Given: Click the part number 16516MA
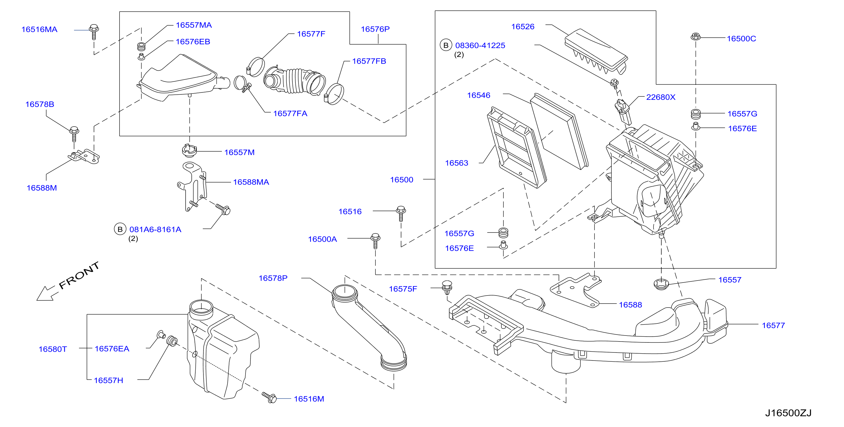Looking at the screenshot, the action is tap(39, 29).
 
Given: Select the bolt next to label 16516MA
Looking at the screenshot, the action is tap(94, 32).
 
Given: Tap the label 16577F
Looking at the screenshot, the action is tap(311, 34).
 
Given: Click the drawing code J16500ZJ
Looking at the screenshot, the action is tap(788, 413).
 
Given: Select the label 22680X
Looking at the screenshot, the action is tap(660, 97).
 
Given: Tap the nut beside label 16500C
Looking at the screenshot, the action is tap(696, 37).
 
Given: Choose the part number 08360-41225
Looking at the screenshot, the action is tap(480, 45).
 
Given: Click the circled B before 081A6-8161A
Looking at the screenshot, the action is tap(120, 229).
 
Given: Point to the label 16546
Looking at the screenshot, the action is tap(478, 95).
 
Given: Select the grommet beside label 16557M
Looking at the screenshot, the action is tap(189, 150).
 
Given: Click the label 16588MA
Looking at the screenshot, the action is tap(251, 182).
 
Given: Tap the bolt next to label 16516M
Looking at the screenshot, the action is tap(269, 397).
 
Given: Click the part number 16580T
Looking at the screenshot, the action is tap(52, 349).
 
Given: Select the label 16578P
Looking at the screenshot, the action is tap(273, 278).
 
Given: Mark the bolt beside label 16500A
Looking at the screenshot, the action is tap(375, 241).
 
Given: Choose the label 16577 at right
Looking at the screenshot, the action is tap(773, 325).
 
